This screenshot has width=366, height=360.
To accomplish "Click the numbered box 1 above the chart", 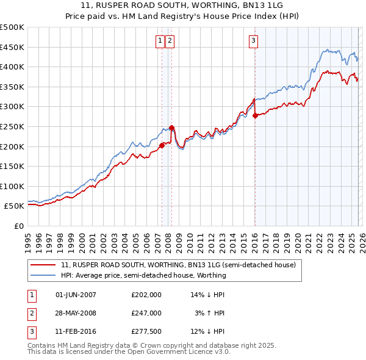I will pos(160,41).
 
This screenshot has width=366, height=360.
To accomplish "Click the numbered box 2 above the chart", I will pos(170,41).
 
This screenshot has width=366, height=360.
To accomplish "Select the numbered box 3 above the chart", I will pos(253,41).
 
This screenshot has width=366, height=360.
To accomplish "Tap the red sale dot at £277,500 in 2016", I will pos(255,115).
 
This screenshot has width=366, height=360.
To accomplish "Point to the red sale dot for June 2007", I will pos(162,145).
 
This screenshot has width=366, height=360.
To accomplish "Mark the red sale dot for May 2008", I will pos(172,128).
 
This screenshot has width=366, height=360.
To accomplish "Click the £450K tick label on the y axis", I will pos(12,47).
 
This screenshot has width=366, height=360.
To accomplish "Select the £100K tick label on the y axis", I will pos(12,186).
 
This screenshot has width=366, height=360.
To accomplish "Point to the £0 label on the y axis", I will pos(20,226).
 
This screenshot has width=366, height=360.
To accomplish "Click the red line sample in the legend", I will pos(44,265).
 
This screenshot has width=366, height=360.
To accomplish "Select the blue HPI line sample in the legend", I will pos(44,275).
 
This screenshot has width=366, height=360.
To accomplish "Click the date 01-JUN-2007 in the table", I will pos(76,295).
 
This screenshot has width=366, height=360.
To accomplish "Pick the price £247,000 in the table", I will pos(146,313).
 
